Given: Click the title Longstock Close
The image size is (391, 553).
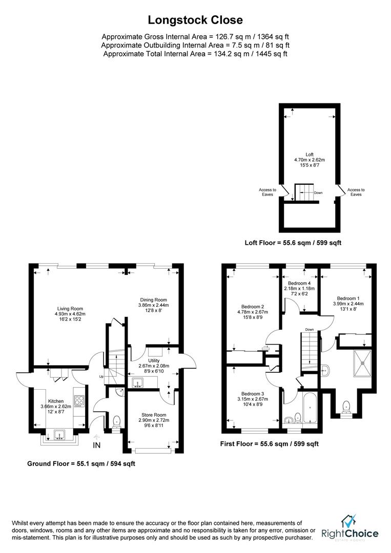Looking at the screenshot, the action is [195, 20].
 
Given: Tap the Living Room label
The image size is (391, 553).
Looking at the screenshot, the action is [70, 309].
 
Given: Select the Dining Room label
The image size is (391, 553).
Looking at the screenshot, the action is [153, 300].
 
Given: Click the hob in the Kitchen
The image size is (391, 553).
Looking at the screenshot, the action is [79, 400].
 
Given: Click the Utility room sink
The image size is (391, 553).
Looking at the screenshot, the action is [137, 382].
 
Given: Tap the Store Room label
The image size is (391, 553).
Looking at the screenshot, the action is [154, 415].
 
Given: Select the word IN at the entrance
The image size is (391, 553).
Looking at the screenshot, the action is [97, 445].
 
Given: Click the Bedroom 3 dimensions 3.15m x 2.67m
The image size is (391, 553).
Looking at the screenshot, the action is [253, 399].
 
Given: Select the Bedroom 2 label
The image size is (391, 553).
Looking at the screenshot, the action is [253, 307].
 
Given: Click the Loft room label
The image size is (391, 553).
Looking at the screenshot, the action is [310, 155].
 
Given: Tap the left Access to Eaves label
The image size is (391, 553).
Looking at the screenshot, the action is [267, 192].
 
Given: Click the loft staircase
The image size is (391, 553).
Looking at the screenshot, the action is [304, 192].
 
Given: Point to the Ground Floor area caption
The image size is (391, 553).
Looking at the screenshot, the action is [81, 463].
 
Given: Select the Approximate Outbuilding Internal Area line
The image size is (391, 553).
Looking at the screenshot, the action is [195, 45].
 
